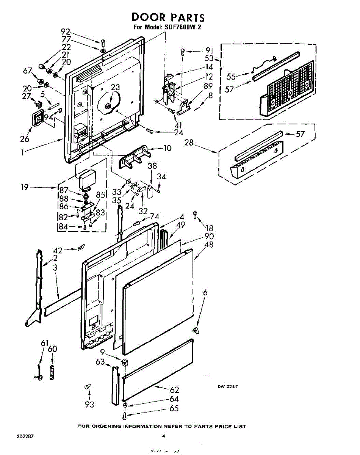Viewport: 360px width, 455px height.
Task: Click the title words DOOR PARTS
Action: (x=168, y=17)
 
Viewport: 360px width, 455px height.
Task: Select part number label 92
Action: (x=66, y=32)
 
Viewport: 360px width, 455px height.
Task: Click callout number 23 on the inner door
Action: (x=115, y=88)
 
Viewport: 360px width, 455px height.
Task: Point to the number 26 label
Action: (x=25, y=139)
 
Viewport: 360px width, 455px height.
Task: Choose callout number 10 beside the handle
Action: (x=167, y=148)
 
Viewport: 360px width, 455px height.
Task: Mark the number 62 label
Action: (x=174, y=390)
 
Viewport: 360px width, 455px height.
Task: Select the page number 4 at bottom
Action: (x=164, y=436)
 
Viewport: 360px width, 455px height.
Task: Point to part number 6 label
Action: (x=205, y=293)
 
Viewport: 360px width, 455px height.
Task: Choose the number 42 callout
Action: (x=58, y=250)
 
